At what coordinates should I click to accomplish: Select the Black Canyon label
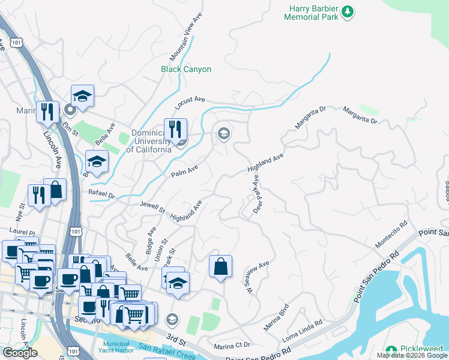coord(186,69)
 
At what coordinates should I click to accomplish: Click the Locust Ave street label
coord(190,103)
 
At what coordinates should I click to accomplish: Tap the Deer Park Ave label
coord(257,194)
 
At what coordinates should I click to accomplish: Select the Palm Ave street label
coord(184,173)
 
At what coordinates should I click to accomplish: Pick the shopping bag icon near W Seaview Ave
coord(220,266)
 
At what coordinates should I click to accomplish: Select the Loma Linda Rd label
coord(303,331)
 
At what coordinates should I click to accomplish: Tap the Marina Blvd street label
coord(276,320)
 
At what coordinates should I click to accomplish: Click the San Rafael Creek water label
coord(168,347)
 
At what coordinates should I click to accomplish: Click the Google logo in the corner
coord(20,352)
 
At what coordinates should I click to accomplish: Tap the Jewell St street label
coord(152,208)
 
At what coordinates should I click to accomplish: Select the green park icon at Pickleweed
coord(391,350)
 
